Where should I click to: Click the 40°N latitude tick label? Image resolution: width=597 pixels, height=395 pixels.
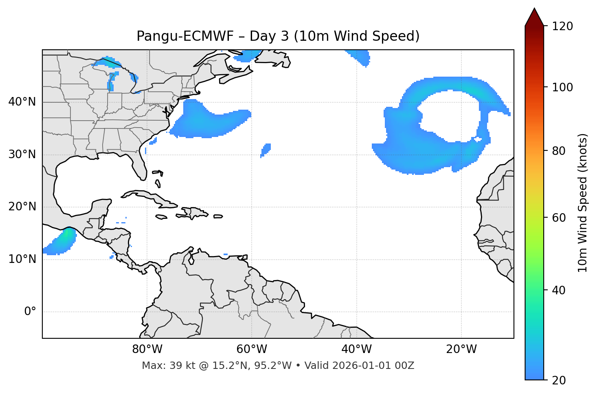[x=22, y=102]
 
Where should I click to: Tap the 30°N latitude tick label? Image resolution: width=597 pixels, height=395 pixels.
[x=22, y=154]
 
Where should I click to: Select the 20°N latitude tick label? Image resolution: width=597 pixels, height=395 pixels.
[x=22, y=207]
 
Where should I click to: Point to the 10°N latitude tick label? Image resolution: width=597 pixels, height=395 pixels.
[x=22, y=259]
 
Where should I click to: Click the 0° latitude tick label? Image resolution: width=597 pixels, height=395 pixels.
[x=30, y=312]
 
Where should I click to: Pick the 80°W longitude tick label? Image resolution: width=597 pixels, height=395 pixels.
[x=147, y=349]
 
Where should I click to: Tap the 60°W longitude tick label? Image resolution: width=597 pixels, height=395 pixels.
[x=252, y=349]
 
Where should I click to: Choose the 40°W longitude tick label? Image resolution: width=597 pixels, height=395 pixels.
[x=356, y=349]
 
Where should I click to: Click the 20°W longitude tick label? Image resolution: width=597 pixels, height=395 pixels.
[x=461, y=349]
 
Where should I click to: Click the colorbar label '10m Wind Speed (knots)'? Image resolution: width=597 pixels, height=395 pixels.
[x=583, y=203]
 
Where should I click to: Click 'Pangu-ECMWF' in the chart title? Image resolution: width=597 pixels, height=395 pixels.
[x=185, y=36]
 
